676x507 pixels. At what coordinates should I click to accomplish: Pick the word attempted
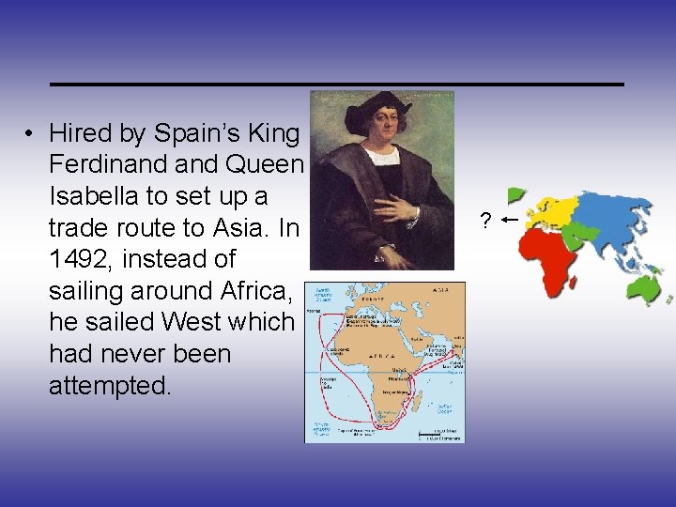coord(110,385)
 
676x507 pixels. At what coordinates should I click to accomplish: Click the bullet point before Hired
coord(30,134)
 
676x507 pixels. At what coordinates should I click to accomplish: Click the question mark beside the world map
coord(484,222)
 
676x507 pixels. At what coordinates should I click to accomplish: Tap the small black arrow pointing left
coord(511,220)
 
